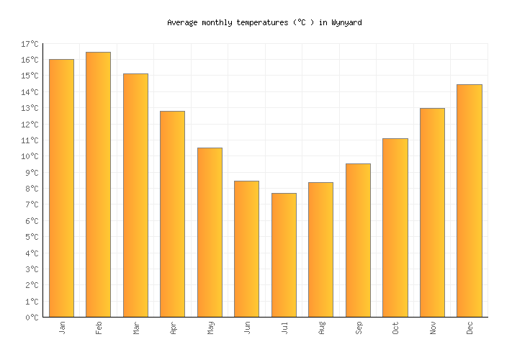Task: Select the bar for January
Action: (x=61, y=188)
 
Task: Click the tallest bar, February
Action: (x=98, y=184)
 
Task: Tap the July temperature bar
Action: (x=284, y=255)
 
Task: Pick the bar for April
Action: (x=172, y=214)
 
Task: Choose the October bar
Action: (x=395, y=228)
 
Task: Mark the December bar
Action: (x=469, y=200)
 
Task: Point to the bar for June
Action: (x=246, y=248)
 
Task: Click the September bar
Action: (x=358, y=240)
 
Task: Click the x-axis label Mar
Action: (x=136, y=328)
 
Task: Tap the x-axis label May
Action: (x=210, y=328)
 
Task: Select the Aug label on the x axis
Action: (x=321, y=328)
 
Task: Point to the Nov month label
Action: (x=432, y=328)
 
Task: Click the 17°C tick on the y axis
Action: (x=30, y=45)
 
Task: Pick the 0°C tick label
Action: (x=32, y=318)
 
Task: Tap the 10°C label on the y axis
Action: (x=30, y=157)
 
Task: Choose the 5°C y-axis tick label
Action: (x=32, y=237)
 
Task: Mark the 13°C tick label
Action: (x=30, y=109)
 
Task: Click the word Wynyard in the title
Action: (x=346, y=23)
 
